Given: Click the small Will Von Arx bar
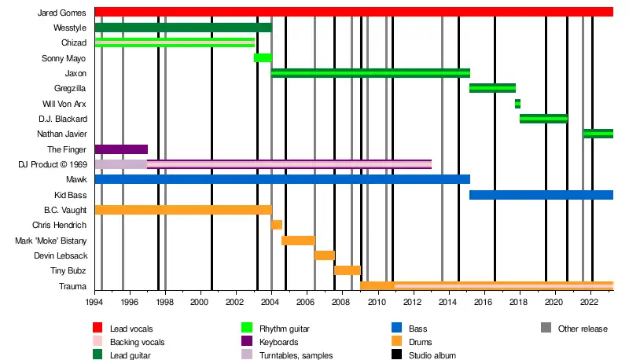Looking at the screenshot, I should (x=517, y=103).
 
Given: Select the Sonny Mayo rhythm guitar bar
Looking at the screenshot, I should (x=263, y=57).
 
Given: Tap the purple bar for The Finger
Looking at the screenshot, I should (x=121, y=149).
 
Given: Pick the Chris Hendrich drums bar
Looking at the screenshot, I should (x=277, y=225).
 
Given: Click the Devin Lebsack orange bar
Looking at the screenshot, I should (x=324, y=255).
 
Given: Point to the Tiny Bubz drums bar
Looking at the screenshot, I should (x=347, y=270).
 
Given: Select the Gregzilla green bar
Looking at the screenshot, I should (x=492, y=88).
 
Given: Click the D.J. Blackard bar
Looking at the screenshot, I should (x=543, y=119).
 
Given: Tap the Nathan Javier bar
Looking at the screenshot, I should (x=598, y=134).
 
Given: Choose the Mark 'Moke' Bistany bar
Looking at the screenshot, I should (x=298, y=240).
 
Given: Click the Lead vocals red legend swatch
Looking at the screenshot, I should (x=97, y=328).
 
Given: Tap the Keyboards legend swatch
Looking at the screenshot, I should (x=246, y=342).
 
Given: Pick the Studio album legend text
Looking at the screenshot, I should (x=430, y=355).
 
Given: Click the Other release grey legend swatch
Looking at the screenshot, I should (x=545, y=328).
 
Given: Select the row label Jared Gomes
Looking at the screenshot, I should (x=61, y=13).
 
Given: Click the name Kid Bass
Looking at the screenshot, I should (x=70, y=194).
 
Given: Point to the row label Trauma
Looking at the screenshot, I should (x=72, y=285).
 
